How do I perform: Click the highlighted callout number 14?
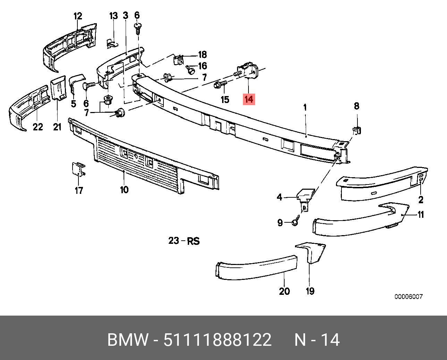pyautogui.click(x=249, y=99)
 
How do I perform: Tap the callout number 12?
pyautogui.click(x=78, y=16)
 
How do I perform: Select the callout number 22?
pyautogui.click(x=38, y=127)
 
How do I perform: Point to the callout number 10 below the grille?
pyautogui.click(x=124, y=190)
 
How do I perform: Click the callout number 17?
pyautogui.click(x=79, y=190)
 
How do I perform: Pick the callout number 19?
pyautogui.click(x=310, y=291)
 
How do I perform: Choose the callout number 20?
pyautogui.click(x=284, y=291)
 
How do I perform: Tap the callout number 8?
pyautogui.click(x=356, y=106)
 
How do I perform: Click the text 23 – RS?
pyautogui.click(x=184, y=241)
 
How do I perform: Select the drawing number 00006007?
pyautogui.click(x=408, y=297)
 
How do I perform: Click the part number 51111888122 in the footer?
pyautogui.click(x=218, y=340)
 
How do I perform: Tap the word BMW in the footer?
pyautogui.click(x=127, y=340)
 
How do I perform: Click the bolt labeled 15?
pyautogui.click(x=219, y=84)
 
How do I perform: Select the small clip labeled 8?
pyautogui.click(x=357, y=130)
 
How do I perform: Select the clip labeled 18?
pyautogui.click(x=178, y=60)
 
